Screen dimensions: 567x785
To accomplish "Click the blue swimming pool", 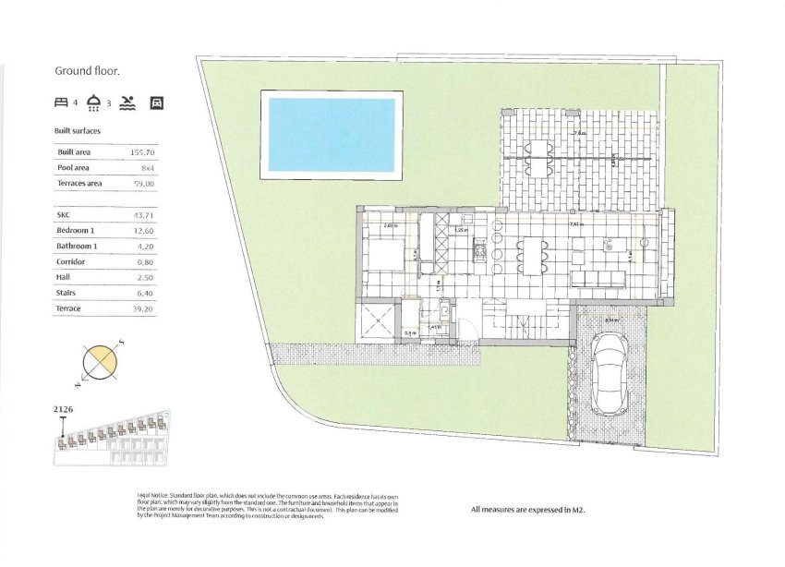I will coord(331,136).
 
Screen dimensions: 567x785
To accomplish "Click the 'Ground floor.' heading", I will coord(88,71).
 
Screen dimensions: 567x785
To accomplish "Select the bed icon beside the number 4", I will coord(61,103).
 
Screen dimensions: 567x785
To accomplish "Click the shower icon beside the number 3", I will coord(93,103).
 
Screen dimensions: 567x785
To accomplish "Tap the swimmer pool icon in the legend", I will coord(127,103).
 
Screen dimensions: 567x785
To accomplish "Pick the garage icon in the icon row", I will coord(156,103).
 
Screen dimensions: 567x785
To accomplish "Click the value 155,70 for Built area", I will coord(141,151).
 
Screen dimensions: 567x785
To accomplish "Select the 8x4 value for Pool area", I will coord(147,168).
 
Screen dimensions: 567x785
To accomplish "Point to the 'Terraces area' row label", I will coord(79,184).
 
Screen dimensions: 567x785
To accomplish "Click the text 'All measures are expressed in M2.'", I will coord(528,509).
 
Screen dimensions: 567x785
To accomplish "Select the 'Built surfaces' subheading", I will coord(78,131).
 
